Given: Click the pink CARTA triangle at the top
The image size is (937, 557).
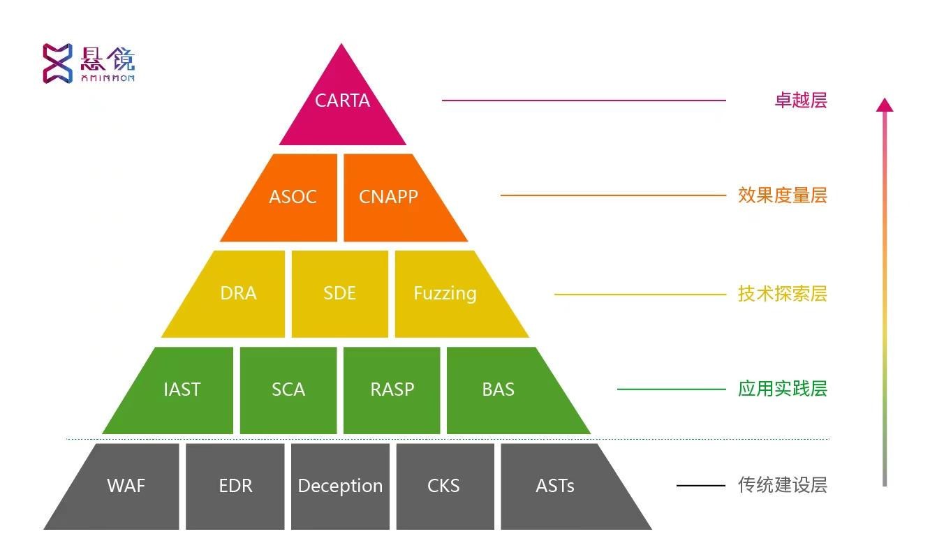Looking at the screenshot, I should pyautogui.click(x=342, y=105).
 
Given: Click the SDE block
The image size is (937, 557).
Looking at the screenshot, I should pyautogui.click(x=340, y=293).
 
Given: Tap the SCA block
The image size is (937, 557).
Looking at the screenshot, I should pyautogui.click(x=288, y=389).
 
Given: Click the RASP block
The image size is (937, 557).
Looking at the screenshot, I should pyautogui.click(x=392, y=389).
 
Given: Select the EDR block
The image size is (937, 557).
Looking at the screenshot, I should pyautogui.click(x=235, y=486).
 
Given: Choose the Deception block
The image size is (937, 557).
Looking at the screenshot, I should pyautogui.click(x=340, y=486).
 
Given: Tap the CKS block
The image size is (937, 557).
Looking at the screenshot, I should pyautogui.click(x=444, y=486).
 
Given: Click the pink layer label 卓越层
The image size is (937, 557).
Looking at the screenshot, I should pyautogui.click(x=800, y=101).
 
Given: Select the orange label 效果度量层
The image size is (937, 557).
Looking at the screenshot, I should pyautogui.click(x=782, y=195).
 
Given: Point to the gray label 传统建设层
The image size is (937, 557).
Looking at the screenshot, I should pyautogui.click(x=782, y=485).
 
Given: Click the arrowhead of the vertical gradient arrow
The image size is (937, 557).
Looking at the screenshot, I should pyautogui.click(x=885, y=105).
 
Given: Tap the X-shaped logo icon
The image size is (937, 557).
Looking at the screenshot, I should pyautogui.click(x=57, y=63).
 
